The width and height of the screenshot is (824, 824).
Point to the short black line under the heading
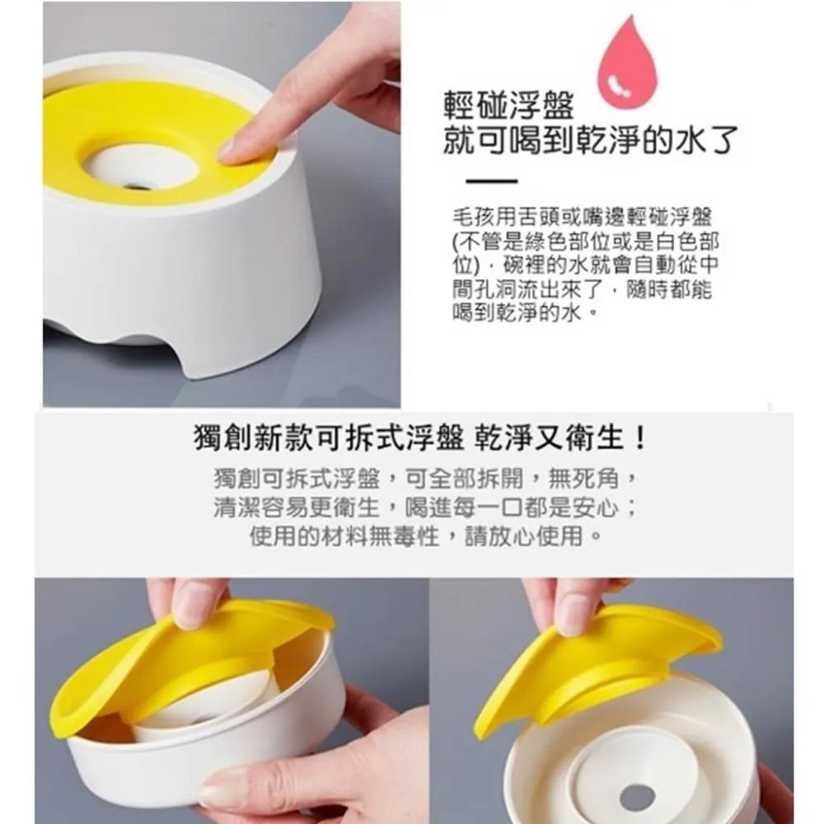492,181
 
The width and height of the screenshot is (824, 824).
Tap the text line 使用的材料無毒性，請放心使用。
424,538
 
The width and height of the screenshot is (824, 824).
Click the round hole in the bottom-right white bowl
636,796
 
